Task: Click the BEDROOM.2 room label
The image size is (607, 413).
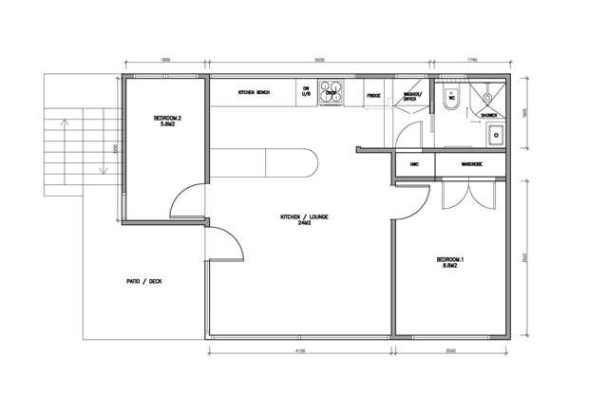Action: click(166, 122)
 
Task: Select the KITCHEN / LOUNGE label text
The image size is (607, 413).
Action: click(296, 220)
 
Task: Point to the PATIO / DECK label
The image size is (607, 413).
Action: click(144, 282)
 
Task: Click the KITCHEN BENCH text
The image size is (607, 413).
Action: click(254, 93)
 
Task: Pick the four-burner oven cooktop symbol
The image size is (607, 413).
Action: click(332, 92)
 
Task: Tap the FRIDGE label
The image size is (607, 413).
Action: click(373, 95)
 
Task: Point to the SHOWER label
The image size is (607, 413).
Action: click(489, 115)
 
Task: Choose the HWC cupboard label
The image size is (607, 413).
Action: click(414, 164)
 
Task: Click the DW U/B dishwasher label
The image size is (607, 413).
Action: click(307, 93)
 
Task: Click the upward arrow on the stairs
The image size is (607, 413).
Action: click(65, 122)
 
